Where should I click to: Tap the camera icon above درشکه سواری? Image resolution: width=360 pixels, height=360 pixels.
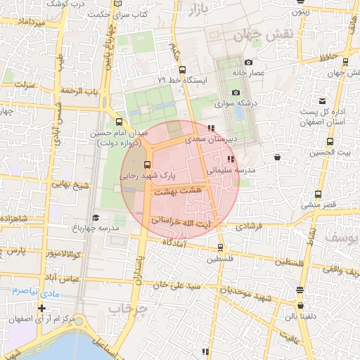[x=236, y=93]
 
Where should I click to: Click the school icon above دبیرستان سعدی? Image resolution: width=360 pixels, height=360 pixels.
[x=212, y=128]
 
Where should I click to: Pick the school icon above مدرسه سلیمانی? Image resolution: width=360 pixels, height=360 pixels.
[x=232, y=159]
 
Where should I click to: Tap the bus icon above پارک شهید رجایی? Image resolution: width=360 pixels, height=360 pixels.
[x=146, y=163]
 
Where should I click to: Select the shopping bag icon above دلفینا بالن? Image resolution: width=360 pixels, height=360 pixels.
[x=300, y=306]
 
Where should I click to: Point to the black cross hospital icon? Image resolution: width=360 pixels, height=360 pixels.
[x=42, y=308]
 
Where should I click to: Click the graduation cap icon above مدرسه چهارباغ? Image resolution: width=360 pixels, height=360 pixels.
[x=96, y=217]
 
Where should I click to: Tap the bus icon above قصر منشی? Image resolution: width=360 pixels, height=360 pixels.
[x=319, y=194]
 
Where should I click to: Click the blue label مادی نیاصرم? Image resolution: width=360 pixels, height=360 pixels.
[x=34, y=290]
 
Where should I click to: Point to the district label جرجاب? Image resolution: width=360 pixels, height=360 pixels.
[x=130, y=309]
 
